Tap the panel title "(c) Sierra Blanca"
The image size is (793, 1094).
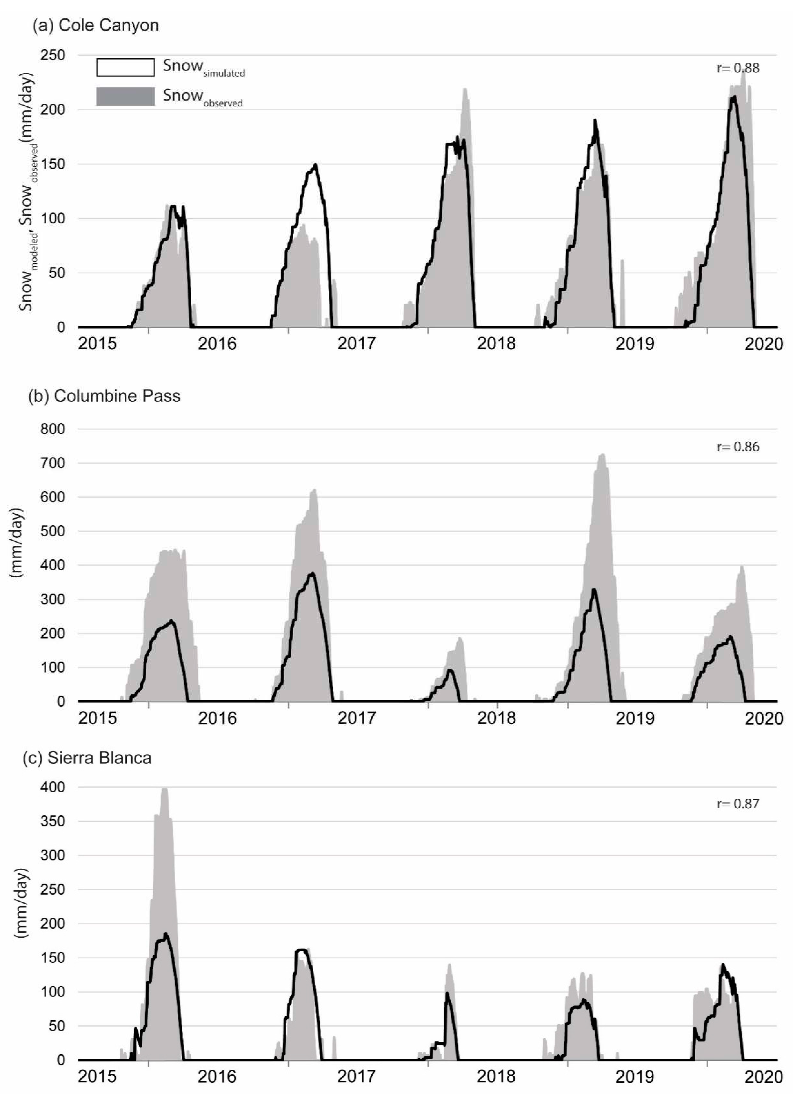(x=87, y=758)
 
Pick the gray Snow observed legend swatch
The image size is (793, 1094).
(x=126, y=96)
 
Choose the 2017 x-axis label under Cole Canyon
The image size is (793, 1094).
(x=357, y=344)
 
